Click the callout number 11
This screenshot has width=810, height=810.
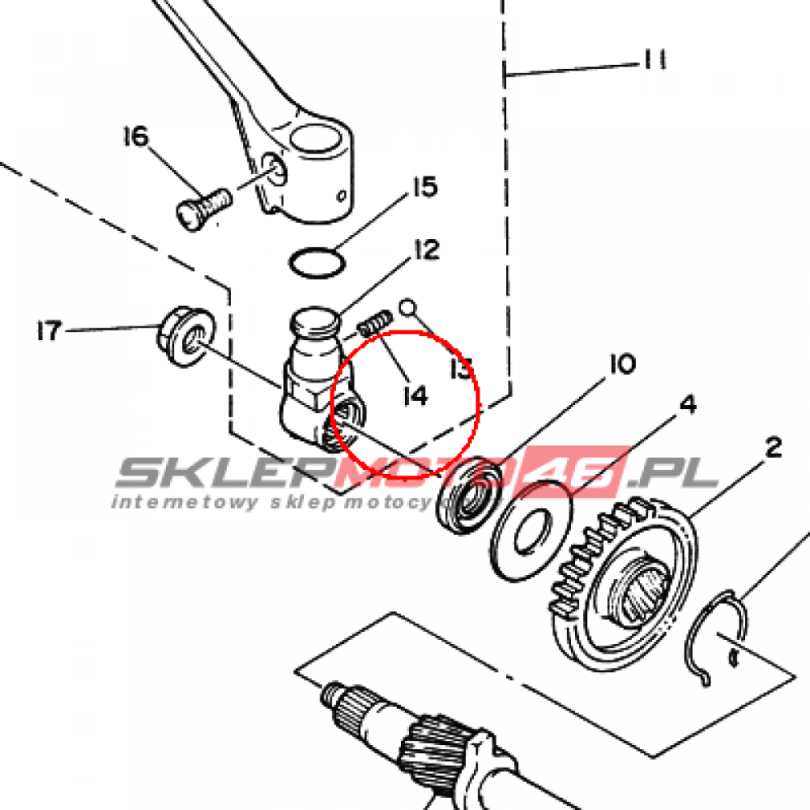(653, 60)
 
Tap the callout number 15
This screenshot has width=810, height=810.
(422, 188)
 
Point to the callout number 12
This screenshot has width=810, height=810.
(424, 252)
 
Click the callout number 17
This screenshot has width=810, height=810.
(49, 330)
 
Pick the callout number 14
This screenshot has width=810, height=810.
(414, 395)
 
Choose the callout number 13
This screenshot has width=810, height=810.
(460, 369)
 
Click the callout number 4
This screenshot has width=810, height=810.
(687, 405)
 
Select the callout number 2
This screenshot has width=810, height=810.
(773, 449)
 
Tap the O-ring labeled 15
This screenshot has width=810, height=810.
(316, 262)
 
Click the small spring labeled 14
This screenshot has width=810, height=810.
(374, 324)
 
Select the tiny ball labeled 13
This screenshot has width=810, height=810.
(407, 306)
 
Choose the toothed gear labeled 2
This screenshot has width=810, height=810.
(625, 577)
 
